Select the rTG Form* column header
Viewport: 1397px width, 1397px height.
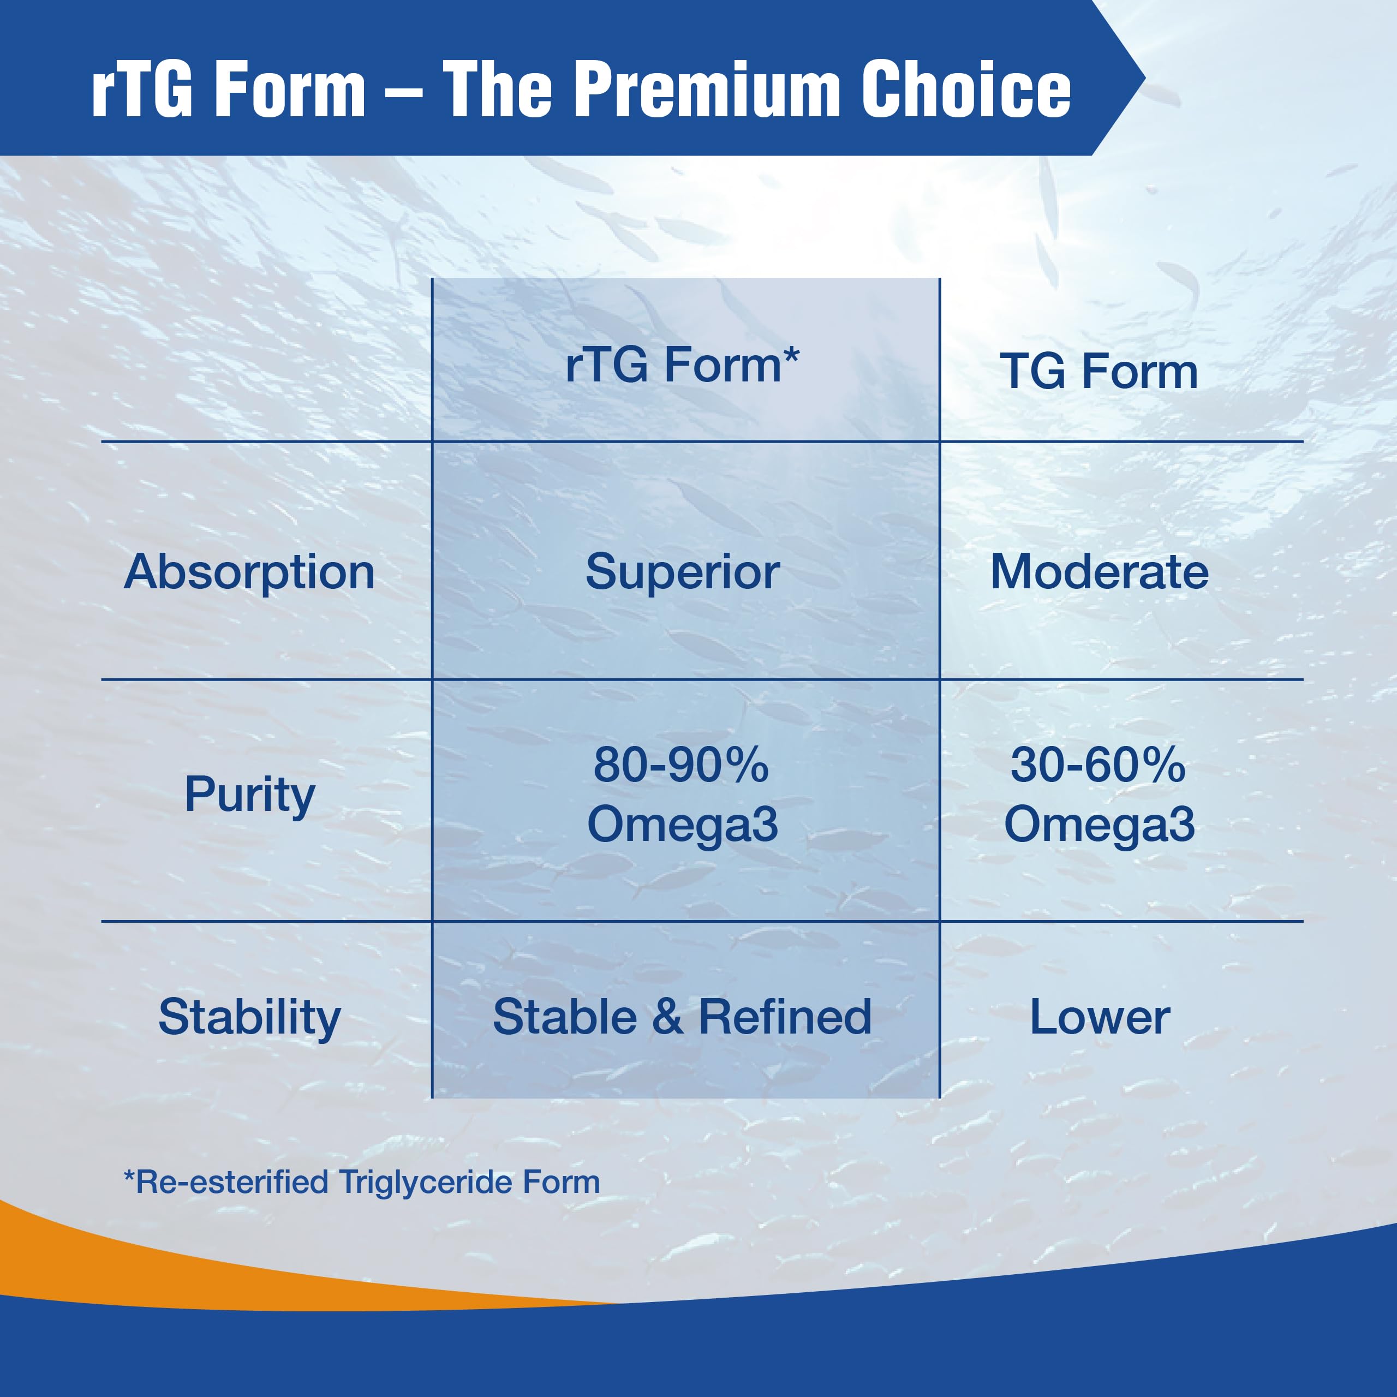(x=682, y=365)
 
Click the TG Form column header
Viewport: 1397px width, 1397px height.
(x=1099, y=372)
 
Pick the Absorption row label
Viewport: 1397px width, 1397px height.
(x=249, y=572)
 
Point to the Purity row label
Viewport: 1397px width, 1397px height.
(x=249, y=795)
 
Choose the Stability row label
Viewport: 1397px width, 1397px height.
(x=249, y=1017)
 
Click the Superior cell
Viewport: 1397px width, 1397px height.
(x=682, y=572)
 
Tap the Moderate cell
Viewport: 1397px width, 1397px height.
(x=1099, y=572)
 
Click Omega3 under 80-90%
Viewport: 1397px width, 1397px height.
(x=682, y=825)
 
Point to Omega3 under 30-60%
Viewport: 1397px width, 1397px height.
(x=1099, y=825)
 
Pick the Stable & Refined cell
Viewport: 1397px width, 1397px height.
(x=682, y=1017)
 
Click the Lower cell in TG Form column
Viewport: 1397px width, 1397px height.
(x=1099, y=1017)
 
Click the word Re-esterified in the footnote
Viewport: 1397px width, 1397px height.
(x=231, y=1182)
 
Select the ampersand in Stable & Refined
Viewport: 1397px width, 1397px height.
(x=667, y=1017)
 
